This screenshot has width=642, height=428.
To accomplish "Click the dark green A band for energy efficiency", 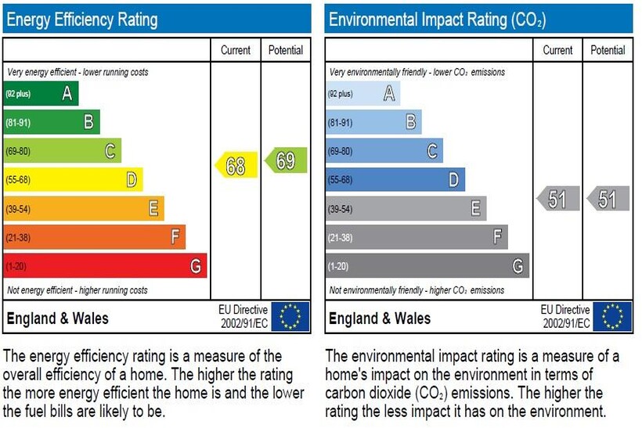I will (41, 94).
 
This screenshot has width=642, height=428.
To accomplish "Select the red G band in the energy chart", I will (105, 266).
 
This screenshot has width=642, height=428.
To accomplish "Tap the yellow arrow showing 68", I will (236, 165).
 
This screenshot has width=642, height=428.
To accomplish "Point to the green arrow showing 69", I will (286, 161).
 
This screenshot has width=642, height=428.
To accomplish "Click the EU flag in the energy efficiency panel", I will (290, 317).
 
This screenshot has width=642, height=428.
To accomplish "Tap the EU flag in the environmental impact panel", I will (612, 317).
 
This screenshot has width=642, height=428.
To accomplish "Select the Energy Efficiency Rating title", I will (81, 20).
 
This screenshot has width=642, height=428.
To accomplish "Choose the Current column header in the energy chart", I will (236, 50).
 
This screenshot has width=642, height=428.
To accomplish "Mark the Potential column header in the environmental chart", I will (608, 50).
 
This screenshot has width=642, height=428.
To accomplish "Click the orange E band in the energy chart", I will (84, 208).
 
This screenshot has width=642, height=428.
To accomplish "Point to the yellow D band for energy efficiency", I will (73, 180).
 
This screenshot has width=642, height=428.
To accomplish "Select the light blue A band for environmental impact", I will (362, 94).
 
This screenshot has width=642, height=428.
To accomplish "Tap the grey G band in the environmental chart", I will (427, 266).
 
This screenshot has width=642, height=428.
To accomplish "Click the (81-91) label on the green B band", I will (19, 123).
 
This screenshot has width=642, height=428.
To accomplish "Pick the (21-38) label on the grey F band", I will (341, 237).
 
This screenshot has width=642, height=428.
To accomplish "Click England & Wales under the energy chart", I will (57, 318).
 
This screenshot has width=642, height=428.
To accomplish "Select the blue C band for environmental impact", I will (384, 151).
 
